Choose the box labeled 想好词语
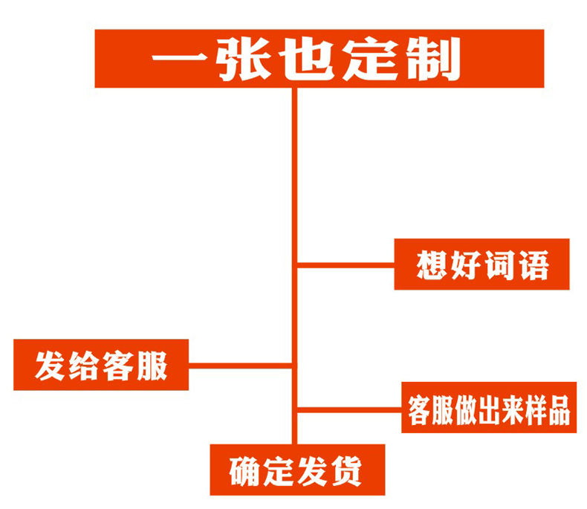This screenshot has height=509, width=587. pos(481,264)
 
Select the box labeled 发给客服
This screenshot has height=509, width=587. pos(101,365)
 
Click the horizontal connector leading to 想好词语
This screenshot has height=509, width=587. pos(346,264)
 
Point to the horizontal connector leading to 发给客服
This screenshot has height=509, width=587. pos(239,365)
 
